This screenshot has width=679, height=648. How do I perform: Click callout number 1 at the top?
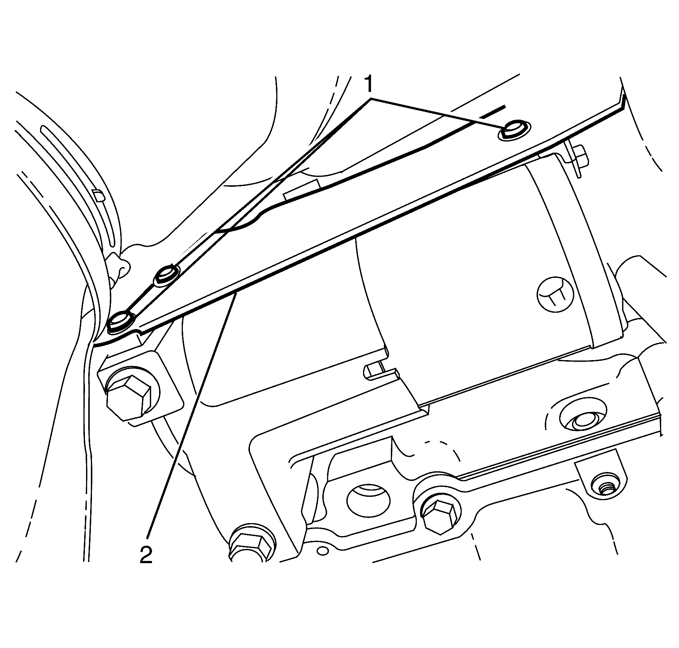368,84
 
